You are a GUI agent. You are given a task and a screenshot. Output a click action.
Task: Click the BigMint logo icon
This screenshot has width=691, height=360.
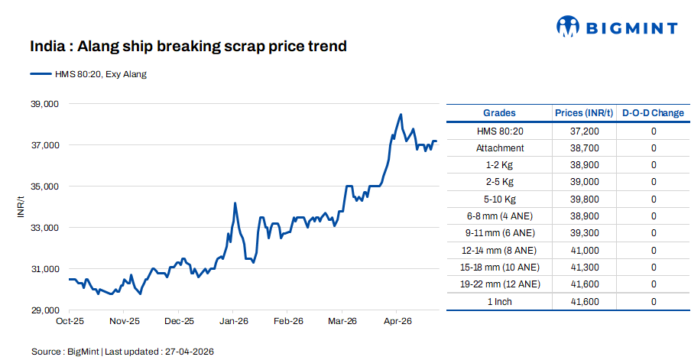click(x=568, y=28)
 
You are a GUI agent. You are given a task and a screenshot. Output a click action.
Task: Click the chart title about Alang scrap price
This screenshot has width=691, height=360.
click(x=189, y=47)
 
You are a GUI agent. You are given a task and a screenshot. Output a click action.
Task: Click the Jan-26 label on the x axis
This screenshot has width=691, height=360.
click(x=234, y=322)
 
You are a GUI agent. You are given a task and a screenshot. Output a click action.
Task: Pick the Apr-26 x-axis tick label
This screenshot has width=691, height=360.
click(x=396, y=322)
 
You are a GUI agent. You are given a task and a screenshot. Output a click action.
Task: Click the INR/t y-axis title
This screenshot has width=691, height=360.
click(x=21, y=207)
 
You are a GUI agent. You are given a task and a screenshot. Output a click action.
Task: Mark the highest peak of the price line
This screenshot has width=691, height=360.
click(x=401, y=115)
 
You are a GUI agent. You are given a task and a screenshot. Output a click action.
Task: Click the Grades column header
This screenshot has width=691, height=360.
click(x=499, y=113)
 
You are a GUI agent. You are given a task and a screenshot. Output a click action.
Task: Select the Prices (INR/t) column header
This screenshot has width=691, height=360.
click(x=584, y=113)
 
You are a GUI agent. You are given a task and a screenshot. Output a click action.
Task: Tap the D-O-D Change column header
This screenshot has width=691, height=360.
click(x=653, y=113)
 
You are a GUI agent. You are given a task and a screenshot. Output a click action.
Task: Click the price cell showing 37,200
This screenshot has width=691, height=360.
click(x=584, y=131)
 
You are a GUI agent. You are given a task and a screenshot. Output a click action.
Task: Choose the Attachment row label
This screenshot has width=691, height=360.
click(x=500, y=148)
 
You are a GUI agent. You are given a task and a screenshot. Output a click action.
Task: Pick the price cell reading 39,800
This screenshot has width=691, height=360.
click(x=584, y=199)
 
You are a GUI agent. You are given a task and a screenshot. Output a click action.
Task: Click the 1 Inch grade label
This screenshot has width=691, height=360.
click(x=500, y=302)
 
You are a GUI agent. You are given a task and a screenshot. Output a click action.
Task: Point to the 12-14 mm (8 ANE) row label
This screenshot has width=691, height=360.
click(x=500, y=250)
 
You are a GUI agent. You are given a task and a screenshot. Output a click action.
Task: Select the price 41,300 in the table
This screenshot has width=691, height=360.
click(x=584, y=268)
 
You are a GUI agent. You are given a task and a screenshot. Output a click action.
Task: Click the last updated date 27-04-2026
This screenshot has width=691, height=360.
click(x=187, y=352)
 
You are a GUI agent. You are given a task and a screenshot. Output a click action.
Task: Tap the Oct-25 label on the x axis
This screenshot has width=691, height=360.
click(x=70, y=322)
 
